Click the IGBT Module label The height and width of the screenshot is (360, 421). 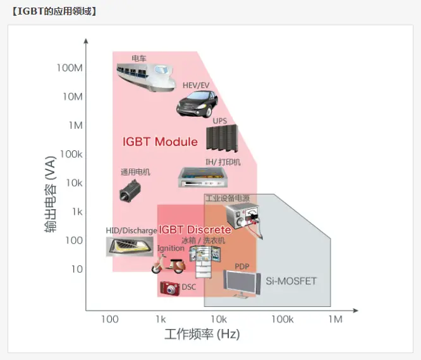pyautogui.click(x=160, y=141)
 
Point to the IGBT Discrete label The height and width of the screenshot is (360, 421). pyautogui.click(x=195, y=230)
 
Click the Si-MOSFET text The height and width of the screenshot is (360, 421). pyautogui.click(x=291, y=280)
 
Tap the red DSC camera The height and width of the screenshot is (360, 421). pyautogui.click(x=169, y=288)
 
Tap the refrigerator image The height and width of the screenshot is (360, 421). pyautogui.click(x=204, y=260)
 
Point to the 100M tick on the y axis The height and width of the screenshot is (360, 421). pyautogui.click(x=70, y=68)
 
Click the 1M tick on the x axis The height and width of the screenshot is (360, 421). pyautogui.click(x=335, y=319)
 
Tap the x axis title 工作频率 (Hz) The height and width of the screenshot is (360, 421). pyautogui.click(x=202, y=335)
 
